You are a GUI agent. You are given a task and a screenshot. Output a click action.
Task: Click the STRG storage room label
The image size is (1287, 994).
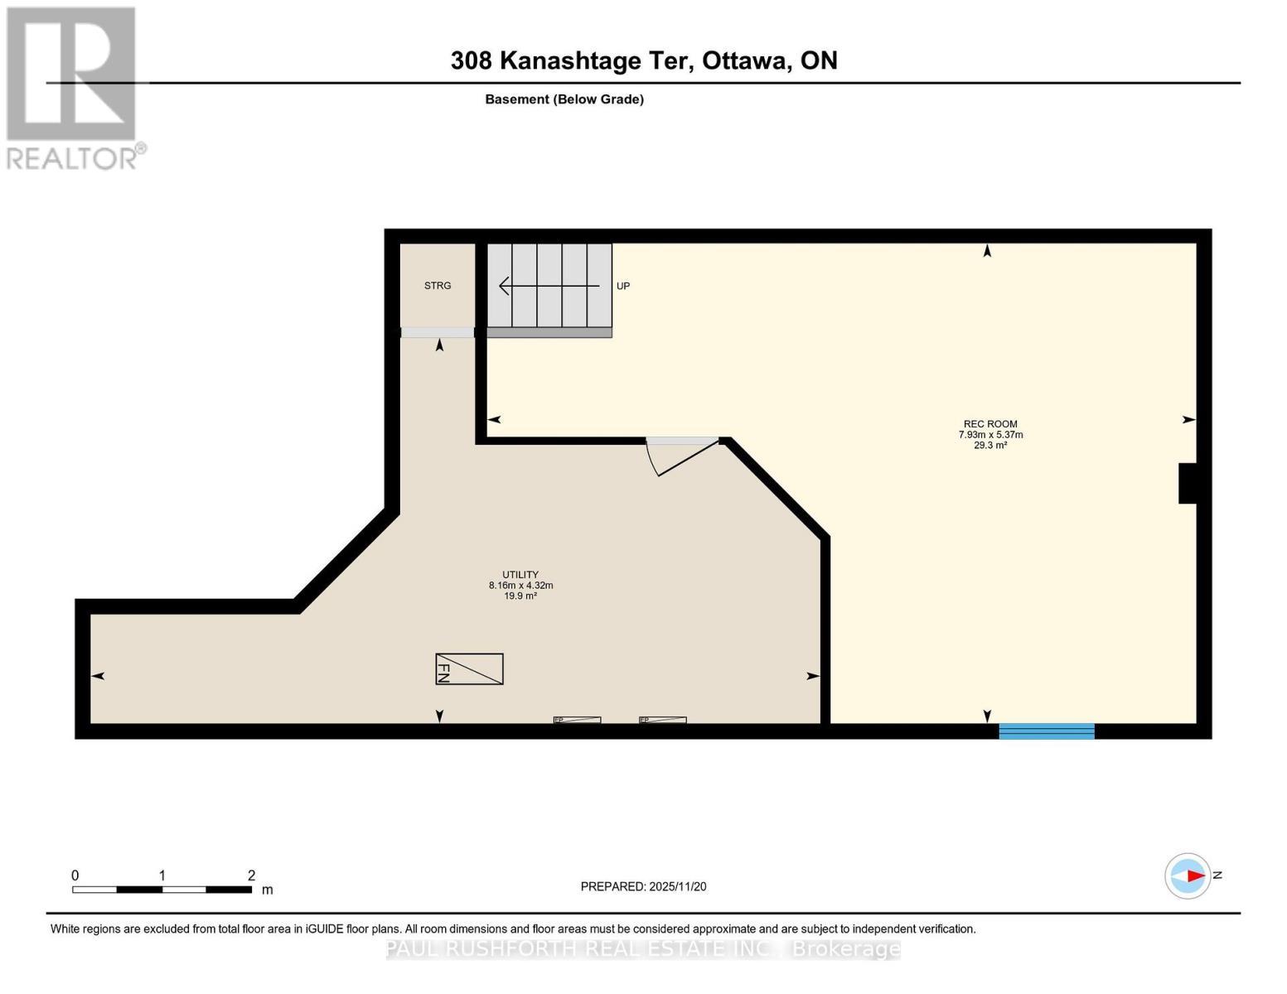point(437,285)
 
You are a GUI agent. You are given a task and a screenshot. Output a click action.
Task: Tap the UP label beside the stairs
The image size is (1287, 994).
point(623,286)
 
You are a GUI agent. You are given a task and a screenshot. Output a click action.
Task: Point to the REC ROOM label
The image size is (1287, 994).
point(990,424)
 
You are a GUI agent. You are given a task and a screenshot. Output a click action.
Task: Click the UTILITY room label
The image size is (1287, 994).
point(520,574)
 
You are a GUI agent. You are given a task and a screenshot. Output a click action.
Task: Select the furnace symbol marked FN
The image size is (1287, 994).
point(469,669)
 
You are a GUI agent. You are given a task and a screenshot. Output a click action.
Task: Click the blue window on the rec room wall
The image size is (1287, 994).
point(1047,731)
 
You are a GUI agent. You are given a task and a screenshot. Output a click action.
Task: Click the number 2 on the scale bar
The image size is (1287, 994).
point(251,875)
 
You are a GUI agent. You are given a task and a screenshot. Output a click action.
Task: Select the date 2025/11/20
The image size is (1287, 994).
point(678,886)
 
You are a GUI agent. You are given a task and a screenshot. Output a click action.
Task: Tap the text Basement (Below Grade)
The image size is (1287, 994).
point(564,99)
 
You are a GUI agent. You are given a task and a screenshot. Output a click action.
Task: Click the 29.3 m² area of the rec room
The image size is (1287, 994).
point(990,445)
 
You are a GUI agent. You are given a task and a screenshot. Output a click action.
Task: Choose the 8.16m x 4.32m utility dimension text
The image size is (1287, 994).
point(520,585)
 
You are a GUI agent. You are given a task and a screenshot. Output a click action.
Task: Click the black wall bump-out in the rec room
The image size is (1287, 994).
point(1187,483)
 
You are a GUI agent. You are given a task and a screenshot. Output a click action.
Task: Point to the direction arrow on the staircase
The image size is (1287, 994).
point(549,286)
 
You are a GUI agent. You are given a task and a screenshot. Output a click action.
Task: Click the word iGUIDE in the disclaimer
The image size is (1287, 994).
point(325,929)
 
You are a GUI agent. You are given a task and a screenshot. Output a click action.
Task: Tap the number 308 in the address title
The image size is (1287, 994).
point(472,60)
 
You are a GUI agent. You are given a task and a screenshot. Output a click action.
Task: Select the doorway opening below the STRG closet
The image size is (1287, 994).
point(438,333)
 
